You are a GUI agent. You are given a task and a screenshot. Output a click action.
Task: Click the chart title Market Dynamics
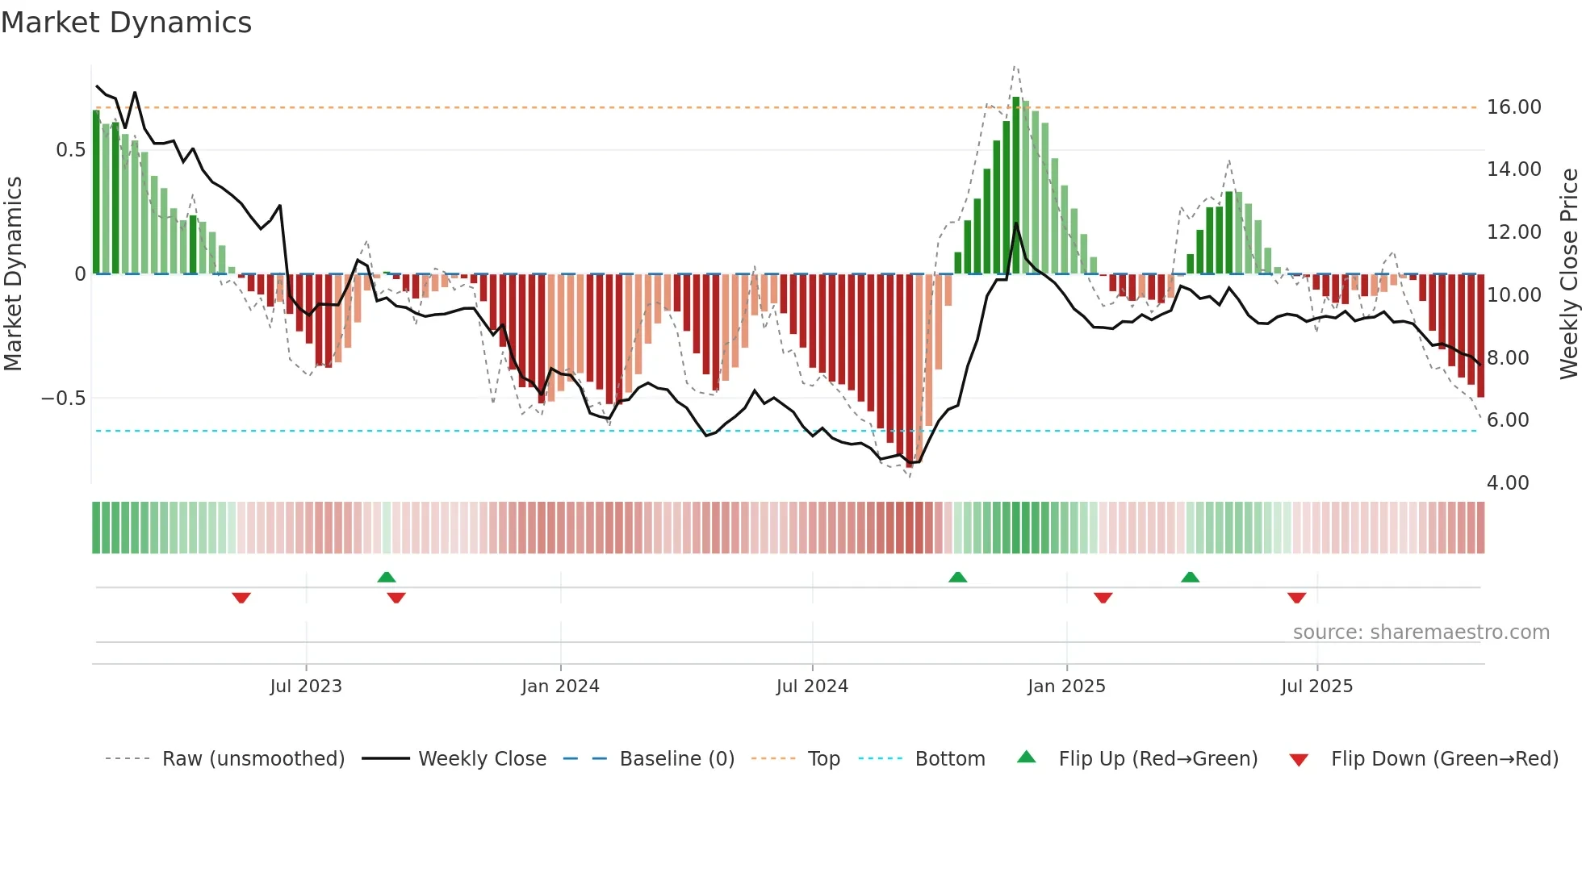126,23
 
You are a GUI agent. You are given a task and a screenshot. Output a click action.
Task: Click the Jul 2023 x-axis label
306,687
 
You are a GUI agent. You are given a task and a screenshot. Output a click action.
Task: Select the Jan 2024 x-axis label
560,687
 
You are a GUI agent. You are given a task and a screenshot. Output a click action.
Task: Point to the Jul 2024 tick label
812,687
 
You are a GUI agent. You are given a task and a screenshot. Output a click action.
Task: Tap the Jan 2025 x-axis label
1066,687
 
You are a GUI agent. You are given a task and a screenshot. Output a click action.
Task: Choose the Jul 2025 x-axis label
1316,687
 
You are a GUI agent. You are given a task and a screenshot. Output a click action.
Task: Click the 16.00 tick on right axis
1513,107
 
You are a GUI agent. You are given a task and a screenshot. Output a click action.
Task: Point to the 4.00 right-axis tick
1508,483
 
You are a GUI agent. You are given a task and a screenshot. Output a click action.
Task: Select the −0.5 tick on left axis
63,399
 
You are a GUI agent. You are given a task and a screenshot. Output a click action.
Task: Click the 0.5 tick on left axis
70,150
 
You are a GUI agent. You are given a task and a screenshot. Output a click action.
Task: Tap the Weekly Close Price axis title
1568,273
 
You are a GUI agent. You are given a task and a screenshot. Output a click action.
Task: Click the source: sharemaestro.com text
1421,632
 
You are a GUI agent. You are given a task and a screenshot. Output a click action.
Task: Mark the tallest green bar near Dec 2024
1016,186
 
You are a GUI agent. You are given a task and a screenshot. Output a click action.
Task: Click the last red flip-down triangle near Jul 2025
1296,598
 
